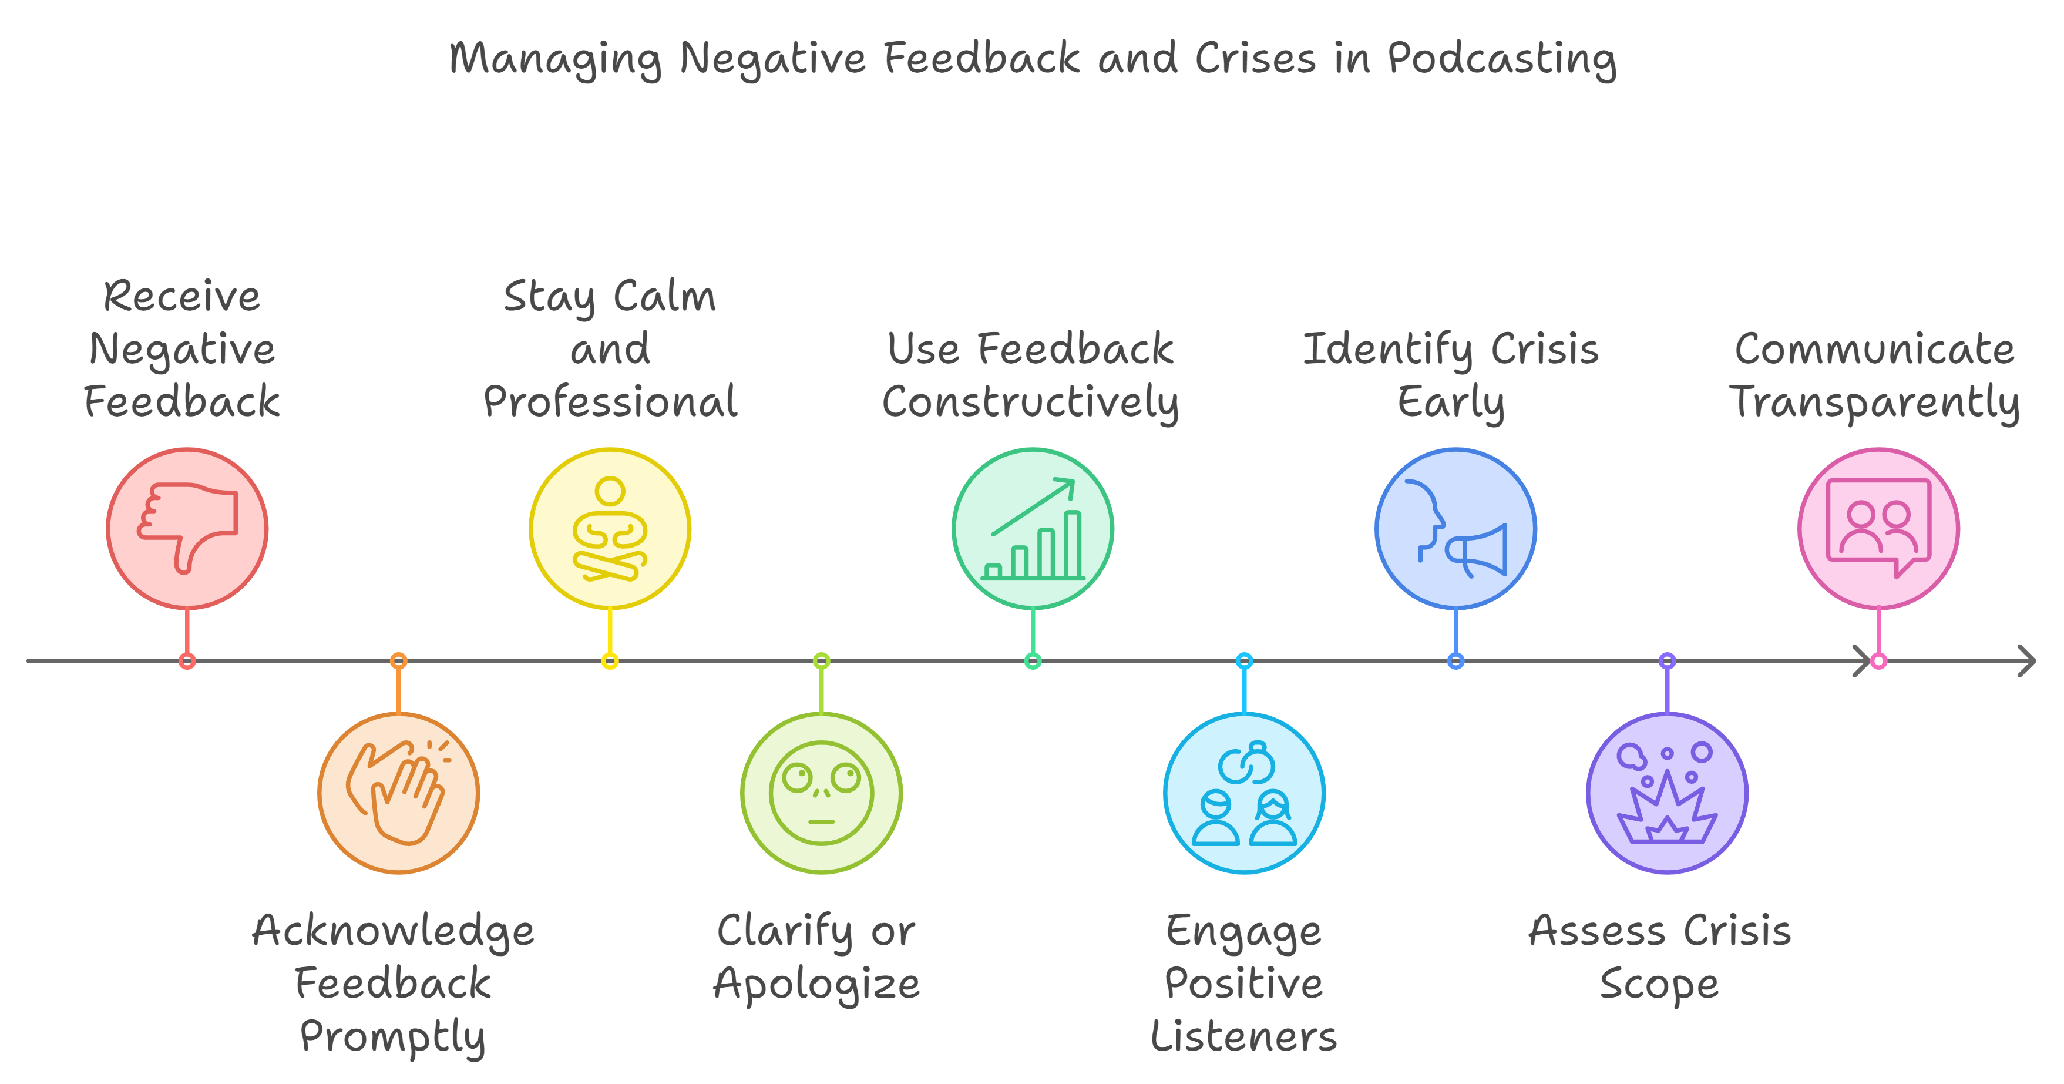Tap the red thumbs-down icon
[x=187, y=528]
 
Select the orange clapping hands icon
[x=398, y=793]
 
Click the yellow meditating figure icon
[x=610, y=529]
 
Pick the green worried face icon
[x=821, y=793]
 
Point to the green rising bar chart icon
[x=1033, y=529]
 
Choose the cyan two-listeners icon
[x=1244, y=793]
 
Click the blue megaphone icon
[x=1456, y=529]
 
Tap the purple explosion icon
[x=1668, y=793]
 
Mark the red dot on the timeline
[x=187, y=661]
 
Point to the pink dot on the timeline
[x=1879, y=661]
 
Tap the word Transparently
[x=1874, y=403]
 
